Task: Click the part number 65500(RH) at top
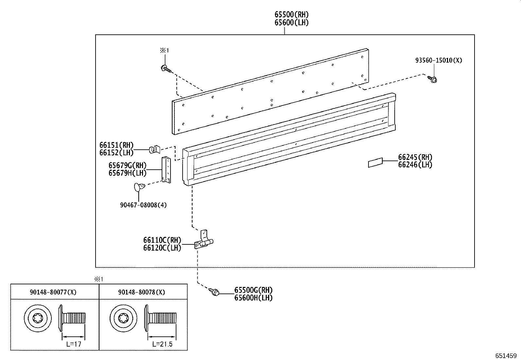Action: click(x=291, y=14)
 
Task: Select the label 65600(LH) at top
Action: click(x=291, y=23)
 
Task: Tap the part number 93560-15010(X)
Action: click(x=439, y=60)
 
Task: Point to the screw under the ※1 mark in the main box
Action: click(x=165, y=69)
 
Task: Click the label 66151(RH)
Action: click(x=117, y=145)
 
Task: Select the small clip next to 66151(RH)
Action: click(x=154, y=149)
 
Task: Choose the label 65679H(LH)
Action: click(x=128, y=173)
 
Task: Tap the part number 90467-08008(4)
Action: click(x=143, y=205)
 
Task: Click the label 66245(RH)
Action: click(x=415, y=157)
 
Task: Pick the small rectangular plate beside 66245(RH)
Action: click(x=375, y=162)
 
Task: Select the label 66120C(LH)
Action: click(x=162, y=248)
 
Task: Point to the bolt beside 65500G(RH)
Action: click(x=215, y=292)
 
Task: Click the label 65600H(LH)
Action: click(x=253, y=298)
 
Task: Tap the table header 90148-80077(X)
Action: click(x=53, y=292)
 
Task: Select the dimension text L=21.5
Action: click(x=162, y=344)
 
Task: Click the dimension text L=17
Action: click(x=73, y=344)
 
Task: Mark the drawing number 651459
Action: click(x=505, y=355)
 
